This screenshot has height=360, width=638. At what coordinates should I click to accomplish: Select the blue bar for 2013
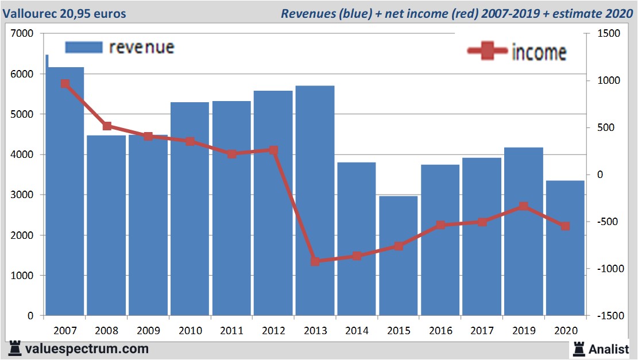(x=315, y=201)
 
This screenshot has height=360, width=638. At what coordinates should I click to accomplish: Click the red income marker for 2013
(x=315, y=261)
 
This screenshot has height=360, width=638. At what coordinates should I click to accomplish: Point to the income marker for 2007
(x=65, y=84)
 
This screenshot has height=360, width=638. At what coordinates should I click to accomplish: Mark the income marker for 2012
(x=273, y=150)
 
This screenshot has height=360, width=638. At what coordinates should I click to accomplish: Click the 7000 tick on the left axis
(x=23, y=34)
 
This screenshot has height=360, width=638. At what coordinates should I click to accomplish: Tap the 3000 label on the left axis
(x=23, y=195)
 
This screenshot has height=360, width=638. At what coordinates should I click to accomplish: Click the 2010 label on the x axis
(x=190, y=331)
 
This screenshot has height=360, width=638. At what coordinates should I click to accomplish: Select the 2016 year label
(x=440, y=331)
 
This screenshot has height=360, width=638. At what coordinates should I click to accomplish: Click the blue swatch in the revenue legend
(x=84, y=47)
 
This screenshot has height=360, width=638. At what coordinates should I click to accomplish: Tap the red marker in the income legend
(x=488, y=51)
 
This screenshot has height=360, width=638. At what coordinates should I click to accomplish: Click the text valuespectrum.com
(x=87, y=349)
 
